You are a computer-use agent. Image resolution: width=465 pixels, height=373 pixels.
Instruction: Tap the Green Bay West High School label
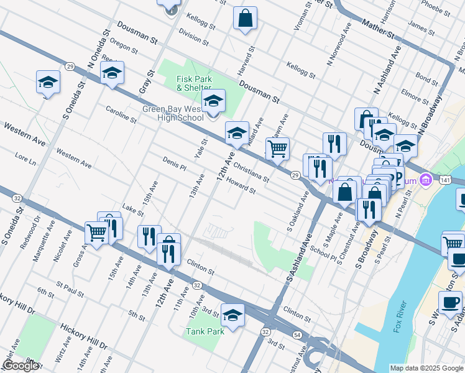coord(173,113)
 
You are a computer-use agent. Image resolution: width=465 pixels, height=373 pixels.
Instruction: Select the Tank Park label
coord(205,331)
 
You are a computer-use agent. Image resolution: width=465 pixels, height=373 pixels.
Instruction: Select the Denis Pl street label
coord(175,163)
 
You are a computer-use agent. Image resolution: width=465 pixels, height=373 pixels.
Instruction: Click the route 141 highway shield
coord(444,180)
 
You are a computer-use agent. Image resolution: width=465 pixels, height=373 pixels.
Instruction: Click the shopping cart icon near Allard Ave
coord(277,148)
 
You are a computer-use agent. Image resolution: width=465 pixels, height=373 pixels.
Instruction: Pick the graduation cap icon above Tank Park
coord(233,315)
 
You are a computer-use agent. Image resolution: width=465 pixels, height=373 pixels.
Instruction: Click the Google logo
coord(20,366)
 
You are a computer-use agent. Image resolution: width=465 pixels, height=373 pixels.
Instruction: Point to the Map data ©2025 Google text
coord(426,368)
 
